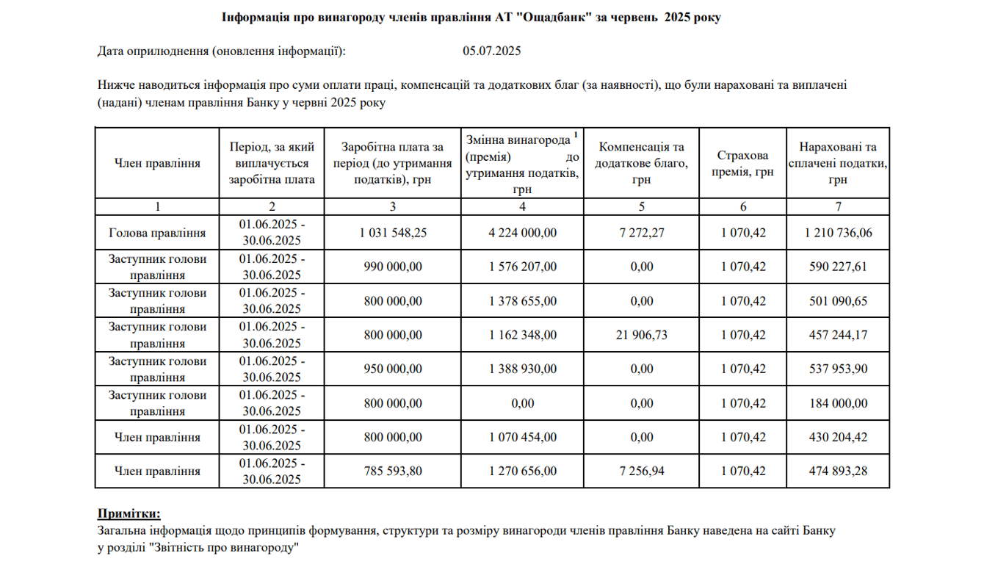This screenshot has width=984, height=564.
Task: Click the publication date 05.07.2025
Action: tap(491, 51)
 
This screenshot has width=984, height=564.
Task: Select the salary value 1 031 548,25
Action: tap(393, 233)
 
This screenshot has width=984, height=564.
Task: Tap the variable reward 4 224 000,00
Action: tap(522, 233)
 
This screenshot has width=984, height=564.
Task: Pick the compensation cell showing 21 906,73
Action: tap(641, 335)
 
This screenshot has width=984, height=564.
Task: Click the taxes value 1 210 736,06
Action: tap(838, 233)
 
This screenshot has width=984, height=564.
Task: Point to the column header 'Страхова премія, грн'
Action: tap(742, 164)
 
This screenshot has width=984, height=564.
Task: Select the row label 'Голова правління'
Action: tap(157, 233)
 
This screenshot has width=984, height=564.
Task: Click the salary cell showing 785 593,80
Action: tap(393, 471)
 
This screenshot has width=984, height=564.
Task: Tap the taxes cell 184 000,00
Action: tap(838, 403)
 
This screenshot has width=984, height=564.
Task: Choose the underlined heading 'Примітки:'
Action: tap(129, 513)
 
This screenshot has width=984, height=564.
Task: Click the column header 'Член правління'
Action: tap(157, 164)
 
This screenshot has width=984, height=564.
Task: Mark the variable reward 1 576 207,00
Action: tap(522, 267)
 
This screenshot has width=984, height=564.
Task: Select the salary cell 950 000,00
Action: tap(393, 369)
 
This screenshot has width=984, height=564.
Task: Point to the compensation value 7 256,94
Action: tap(641, 471)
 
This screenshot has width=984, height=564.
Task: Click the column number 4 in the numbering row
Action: tap(522, 206)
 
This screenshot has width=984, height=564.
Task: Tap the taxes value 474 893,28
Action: tap(838, 471)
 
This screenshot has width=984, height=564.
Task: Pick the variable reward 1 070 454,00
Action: tap(522, 437)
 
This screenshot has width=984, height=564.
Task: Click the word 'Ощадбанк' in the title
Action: tap(543, 18)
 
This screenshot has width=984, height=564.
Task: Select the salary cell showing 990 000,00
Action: tap(393, 267)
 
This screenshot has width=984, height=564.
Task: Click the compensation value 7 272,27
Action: tap(641, 233)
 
